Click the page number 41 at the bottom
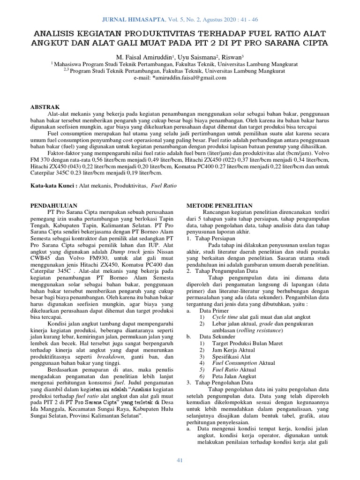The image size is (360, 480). coord(179,461)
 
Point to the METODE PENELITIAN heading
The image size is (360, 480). coord(220,205)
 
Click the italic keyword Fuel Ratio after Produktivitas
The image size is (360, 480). coord(164,186)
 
